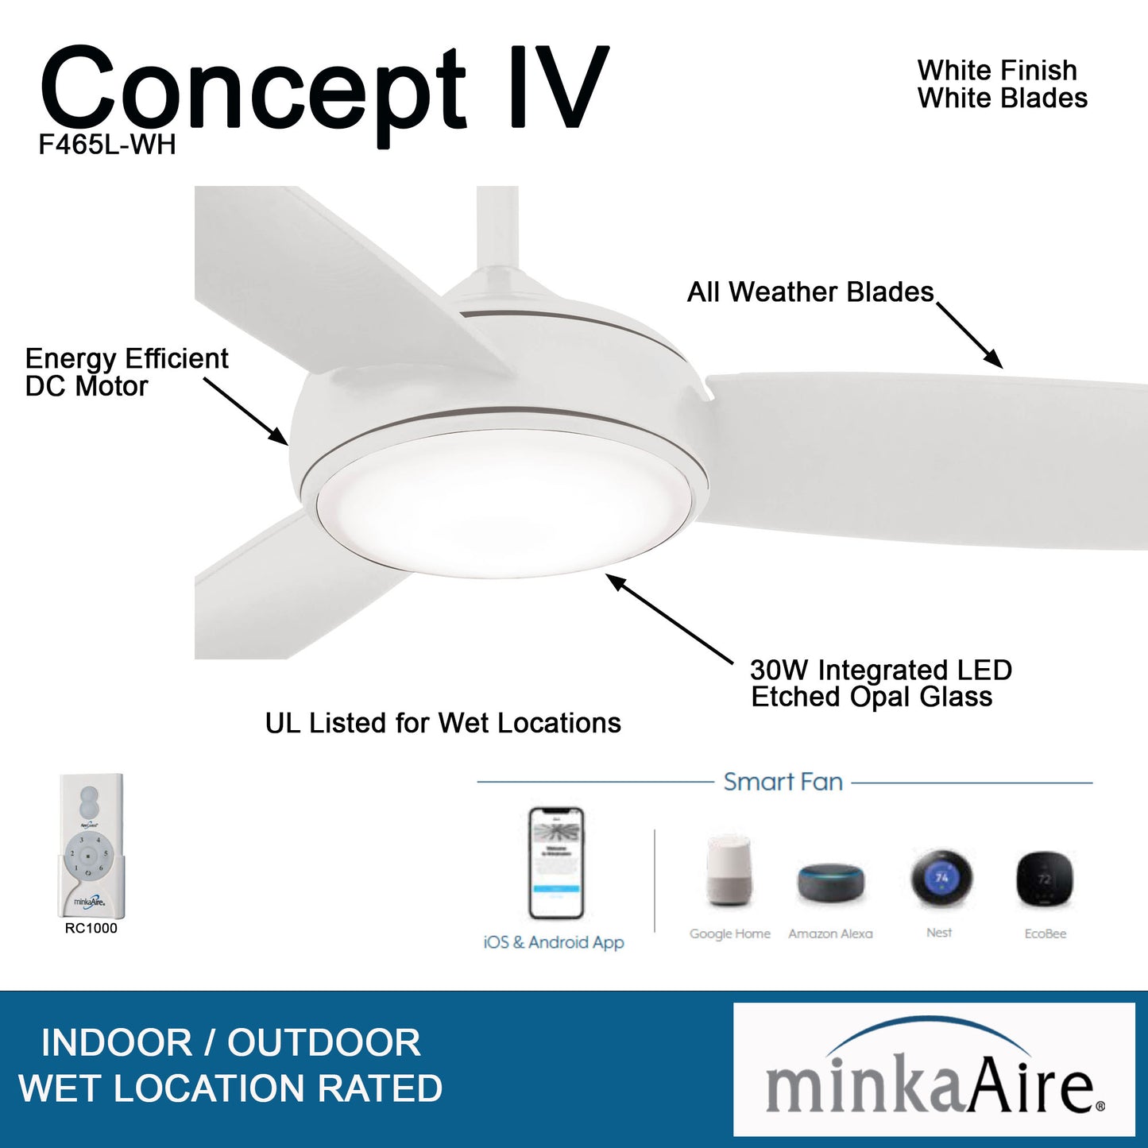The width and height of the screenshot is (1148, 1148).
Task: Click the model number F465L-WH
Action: pos(107,145)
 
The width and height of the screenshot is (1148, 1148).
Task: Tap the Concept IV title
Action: pos(324,89)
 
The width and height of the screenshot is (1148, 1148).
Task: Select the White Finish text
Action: pos(997,71)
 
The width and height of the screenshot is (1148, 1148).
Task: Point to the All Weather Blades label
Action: pos(810,292)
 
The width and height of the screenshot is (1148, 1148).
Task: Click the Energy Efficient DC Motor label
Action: pos(126,372)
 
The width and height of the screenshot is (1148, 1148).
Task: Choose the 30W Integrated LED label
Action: pos(881,670)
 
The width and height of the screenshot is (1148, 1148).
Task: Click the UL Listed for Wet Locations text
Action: pos(443,723)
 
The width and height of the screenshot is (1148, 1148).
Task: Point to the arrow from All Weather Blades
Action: pos(969,334)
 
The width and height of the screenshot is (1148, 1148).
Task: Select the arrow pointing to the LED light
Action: pos(669,619)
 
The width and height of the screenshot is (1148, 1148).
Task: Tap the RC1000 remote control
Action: pos(91,845)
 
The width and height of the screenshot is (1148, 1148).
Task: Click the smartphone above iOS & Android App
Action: pos(556,863)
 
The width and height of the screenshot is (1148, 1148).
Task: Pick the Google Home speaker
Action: pos(729,872)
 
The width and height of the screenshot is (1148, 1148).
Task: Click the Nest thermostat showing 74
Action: pos(941,879)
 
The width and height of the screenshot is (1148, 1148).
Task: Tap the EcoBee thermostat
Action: pos(1045,880)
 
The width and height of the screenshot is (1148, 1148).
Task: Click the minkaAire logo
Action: pos(933,1069)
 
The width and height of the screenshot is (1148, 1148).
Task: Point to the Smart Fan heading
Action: pos(783,782)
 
